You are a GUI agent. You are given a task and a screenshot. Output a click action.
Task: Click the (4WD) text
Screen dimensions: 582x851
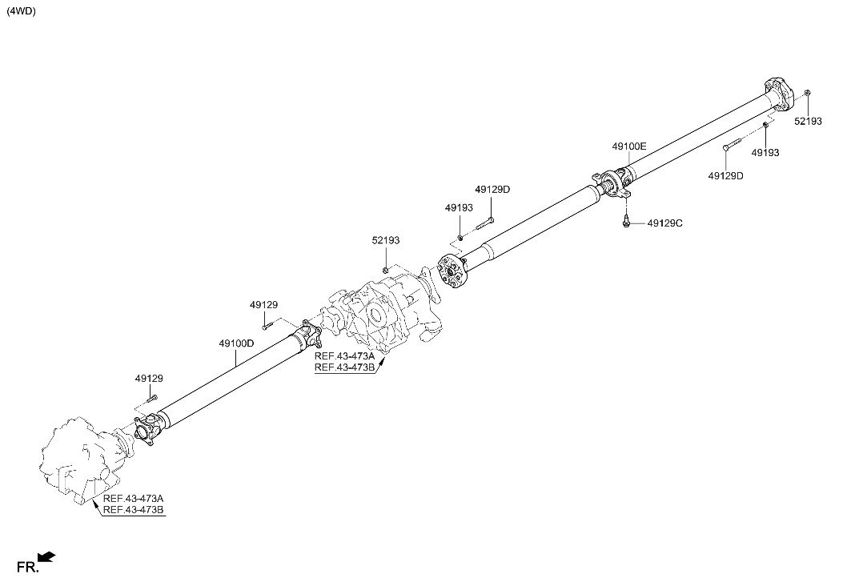[x=22, y=11]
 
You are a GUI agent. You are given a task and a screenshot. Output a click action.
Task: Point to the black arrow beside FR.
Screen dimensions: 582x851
[x=48, y=556]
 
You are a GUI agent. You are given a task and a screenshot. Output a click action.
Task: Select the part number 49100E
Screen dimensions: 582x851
[x=629, y=147]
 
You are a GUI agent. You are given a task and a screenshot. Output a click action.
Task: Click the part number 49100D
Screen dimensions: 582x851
[x=236, y=343]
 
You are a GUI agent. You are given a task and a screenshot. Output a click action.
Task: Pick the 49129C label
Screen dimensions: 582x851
[x=664, y=223]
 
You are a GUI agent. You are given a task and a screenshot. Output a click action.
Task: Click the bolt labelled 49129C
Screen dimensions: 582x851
[x=625, y=223]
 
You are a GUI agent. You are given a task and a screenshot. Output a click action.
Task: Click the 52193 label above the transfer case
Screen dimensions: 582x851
[x=385, y=240]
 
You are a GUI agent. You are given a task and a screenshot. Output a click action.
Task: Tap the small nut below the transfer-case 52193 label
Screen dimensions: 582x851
[x=385, y=269]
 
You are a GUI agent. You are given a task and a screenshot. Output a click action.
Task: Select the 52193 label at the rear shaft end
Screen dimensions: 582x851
[x=808, y=122]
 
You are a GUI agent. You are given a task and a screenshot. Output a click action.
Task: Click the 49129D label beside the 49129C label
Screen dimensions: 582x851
[x=725, y=175]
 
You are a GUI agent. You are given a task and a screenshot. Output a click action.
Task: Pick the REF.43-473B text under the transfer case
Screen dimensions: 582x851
[x=344, y=367]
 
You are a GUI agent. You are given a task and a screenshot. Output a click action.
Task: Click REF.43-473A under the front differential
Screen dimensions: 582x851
[x=133, y=499]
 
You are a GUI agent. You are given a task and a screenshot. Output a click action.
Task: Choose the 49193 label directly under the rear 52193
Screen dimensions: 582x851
[x=765, y=151]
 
